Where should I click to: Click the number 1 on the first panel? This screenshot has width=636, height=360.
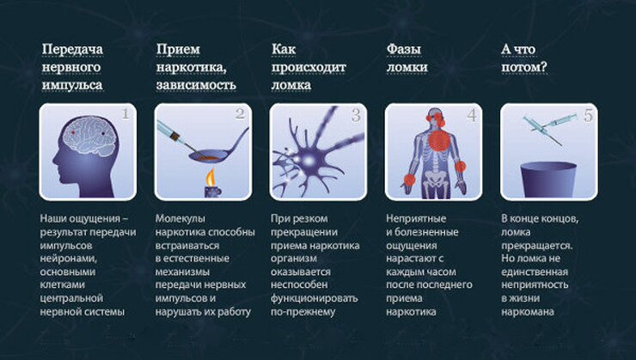click(x=125, y=114)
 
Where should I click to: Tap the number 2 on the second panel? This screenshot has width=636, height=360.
click(x=240, y=114)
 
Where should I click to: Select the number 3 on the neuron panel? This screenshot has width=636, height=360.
click(x=355, y=115)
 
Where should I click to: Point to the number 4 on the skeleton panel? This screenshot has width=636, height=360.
click(x=471, y=114)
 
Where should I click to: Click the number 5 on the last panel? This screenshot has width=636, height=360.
click(x=587, y=115)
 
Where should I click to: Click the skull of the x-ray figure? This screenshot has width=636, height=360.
click(x=434, y=118)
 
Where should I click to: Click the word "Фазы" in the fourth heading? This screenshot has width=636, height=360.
click(x=403, y=49)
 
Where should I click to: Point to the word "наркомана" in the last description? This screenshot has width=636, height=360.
click(x=529, y=311)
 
